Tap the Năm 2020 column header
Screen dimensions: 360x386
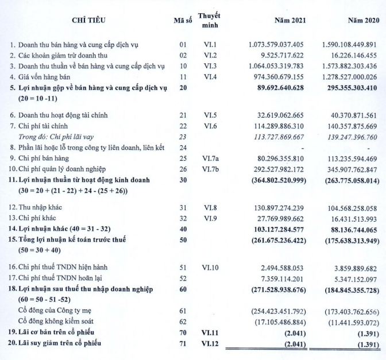[x=363, y=21]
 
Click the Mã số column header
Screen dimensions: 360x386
[x=183, y=21]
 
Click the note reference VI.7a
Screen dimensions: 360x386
[x=210, y=158]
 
